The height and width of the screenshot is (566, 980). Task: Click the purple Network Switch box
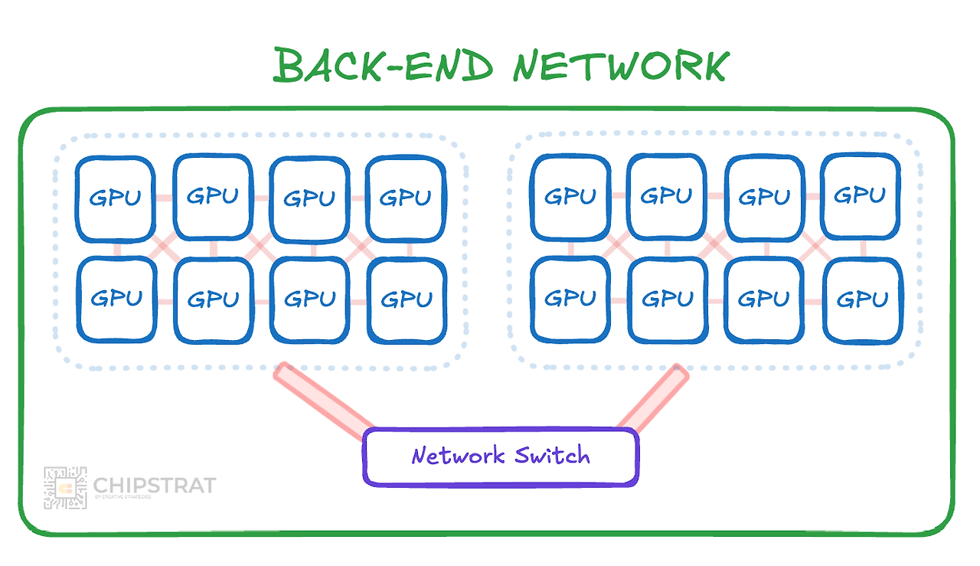click(501, 456)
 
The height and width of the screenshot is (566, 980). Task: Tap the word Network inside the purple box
click(458, 455)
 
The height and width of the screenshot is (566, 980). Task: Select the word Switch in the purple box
click(552, 455)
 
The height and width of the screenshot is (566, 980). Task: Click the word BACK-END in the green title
click(384, 65)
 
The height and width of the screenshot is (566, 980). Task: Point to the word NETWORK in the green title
click(621, 66)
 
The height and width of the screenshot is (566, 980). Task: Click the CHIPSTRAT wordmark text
click(155, 485)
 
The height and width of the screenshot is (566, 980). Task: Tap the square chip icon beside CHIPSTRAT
click(65, 488)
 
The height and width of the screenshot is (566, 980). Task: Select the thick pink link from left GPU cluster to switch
click(324, 401)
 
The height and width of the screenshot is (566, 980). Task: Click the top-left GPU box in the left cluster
click(115, 198)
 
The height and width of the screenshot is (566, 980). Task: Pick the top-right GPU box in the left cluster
click(406, 198)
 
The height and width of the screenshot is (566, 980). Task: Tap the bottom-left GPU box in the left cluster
click(117, 299)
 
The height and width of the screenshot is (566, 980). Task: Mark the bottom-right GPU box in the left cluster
click(407, 300)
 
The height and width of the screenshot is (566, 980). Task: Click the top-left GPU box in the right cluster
click(570, 197)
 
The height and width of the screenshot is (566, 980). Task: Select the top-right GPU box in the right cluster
click(860, 196)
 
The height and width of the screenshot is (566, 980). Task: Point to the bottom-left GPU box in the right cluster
click(570, 299)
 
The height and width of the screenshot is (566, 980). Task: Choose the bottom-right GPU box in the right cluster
click(863, 300)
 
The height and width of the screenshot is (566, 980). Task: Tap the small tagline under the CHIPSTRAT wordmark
click(123, 497)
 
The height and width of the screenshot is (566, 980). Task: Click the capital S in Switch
click(522, 454)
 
